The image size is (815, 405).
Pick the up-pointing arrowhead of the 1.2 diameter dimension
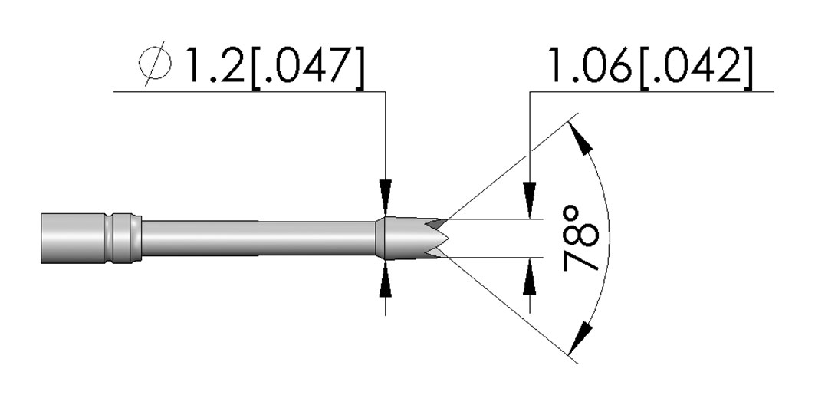pyautogui.click(x=385, y=279)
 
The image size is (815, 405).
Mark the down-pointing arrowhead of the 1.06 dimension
pyautogui.click(x=530, y=199)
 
